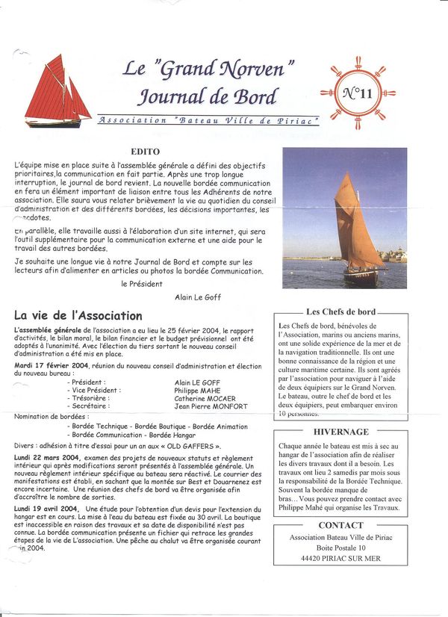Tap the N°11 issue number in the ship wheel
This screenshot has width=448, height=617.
(x=357, y=93)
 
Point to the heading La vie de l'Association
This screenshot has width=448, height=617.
(x=78, y=315)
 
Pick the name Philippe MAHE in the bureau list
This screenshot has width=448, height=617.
(x=197, y=390)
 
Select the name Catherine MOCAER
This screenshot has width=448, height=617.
(x=206, y=398)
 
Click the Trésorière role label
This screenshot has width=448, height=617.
(x=90, y=398)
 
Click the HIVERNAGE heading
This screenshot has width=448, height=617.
(x=340, y=432)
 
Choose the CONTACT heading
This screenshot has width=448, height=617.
(x=340, y=525)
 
